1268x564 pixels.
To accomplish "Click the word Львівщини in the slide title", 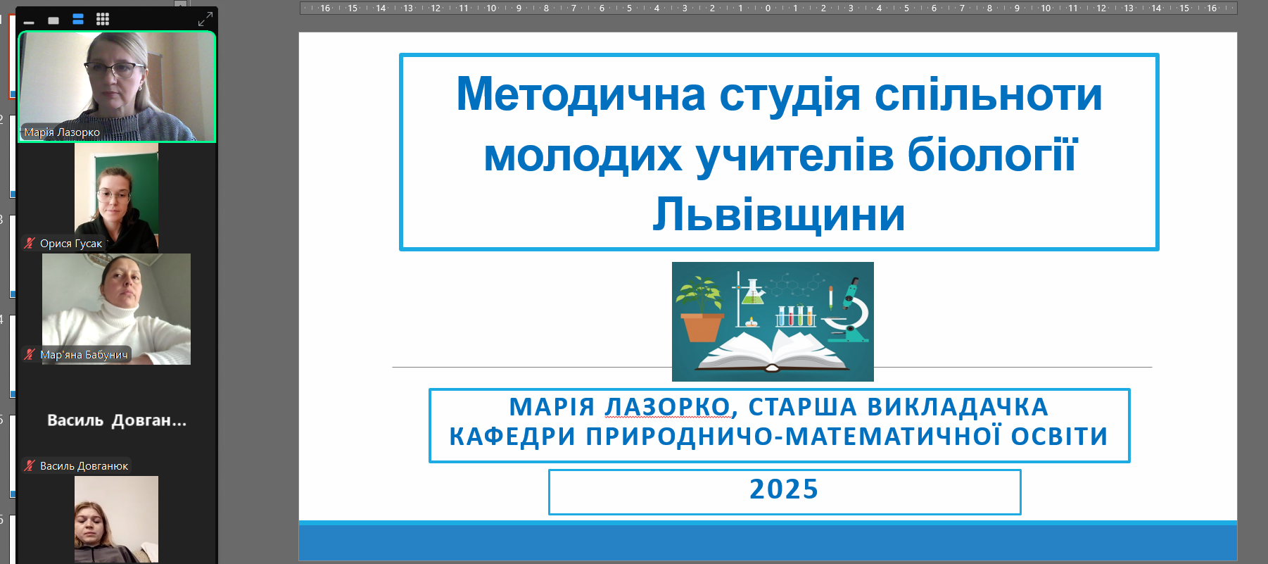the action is pyautogui.click(x=779, y=214).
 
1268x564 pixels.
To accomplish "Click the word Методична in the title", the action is pyautogui.click(x=581, y=94).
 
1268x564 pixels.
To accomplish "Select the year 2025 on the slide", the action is pyautogui.click(x=784, y=489).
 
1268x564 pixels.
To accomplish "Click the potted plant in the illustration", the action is pyautogui.click(x=701, y=309).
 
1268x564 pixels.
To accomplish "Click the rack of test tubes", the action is pyautogui.click(x=795, y=315).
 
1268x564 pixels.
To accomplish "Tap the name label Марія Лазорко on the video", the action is pyautogui.click(x=62, y=132).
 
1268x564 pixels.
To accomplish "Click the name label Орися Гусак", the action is pyautogui.click(x=71, y=244).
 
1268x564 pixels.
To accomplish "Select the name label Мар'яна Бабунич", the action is pyautogui.click(x=84, y=355).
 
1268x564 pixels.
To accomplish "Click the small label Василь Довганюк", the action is pyautogui.click(x=84, y=466).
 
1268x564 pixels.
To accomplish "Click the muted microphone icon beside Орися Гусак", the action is pyautogui.click(x=30, y=244).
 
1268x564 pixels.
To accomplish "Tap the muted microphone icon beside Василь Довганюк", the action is pyautogui.click(x=30, y=465).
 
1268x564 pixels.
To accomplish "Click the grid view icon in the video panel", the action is pyautogui.click(x=103, y=19).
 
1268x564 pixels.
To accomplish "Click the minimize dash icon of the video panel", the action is pyautogui.click(x=29, y=23).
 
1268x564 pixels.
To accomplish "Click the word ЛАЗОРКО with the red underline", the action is pyautogui.click(x=667, y=407).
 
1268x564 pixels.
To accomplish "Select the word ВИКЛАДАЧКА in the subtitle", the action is pyautogui.click(x=958, y=407).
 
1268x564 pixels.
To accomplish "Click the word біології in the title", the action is pyautogui.click(x=992, y=154).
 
